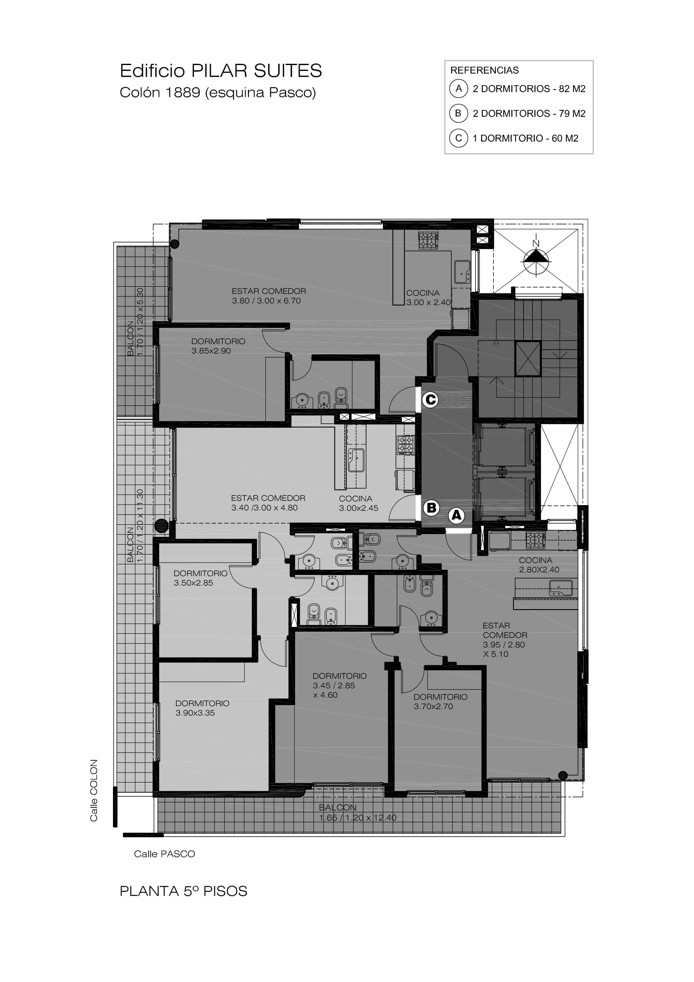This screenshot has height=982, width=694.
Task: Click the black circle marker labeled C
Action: tap(430, 400)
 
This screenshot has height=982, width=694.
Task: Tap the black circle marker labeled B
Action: tap(432, 508)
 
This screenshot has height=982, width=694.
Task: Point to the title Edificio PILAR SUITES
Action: tap(221, 71)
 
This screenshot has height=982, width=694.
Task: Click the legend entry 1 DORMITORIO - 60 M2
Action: tap(526, 138)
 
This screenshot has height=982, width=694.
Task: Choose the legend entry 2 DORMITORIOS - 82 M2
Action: tap(529, 89)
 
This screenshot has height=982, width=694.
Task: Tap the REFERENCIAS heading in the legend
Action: tap(484, 70)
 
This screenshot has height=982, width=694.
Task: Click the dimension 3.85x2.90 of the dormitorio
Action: tap(211, 351)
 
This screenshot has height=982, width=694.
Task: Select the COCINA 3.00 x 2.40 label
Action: tap(429, 298)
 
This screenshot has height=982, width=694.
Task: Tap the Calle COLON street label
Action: tap(94, 791)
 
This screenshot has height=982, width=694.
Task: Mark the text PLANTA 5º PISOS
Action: tap(183, 891)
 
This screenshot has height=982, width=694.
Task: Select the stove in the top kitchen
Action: tap(428, 241)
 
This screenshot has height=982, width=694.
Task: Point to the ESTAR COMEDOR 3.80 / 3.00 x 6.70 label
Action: tap(269, 296)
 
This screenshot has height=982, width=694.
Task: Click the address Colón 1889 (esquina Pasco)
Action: tap(217, 92)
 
